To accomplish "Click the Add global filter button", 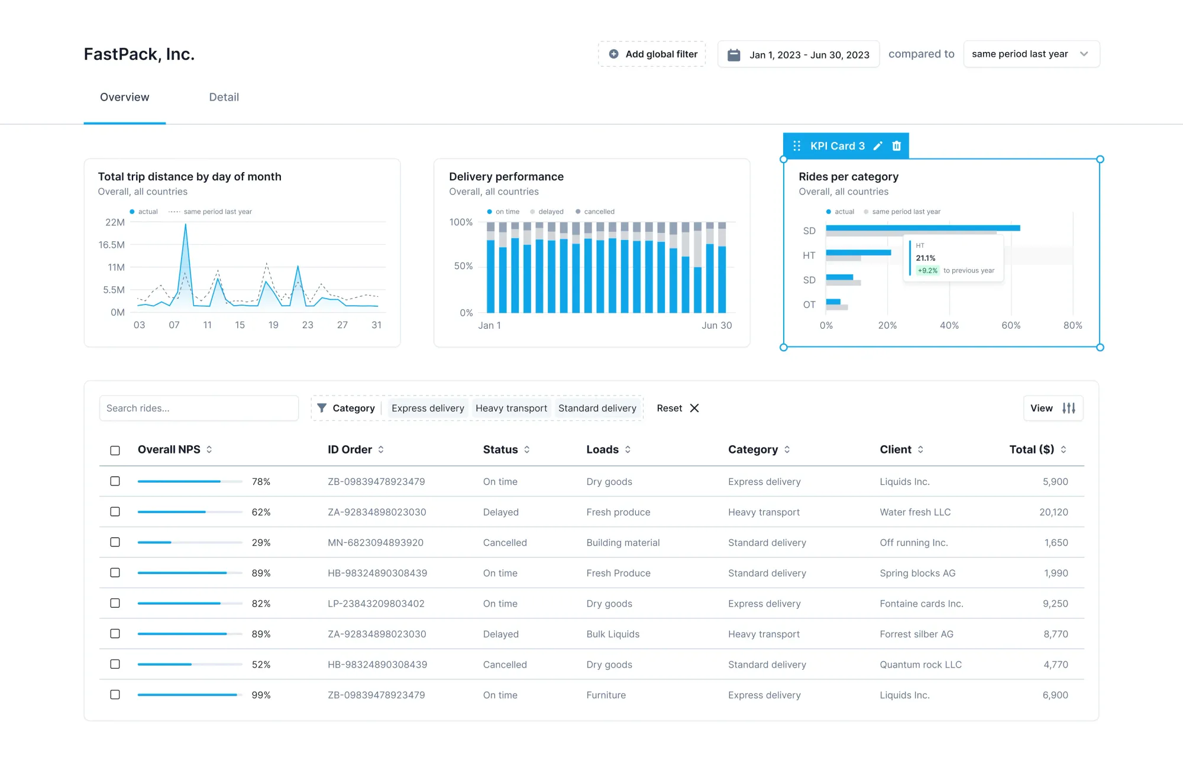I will tap(652, 54).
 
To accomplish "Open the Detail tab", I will tap(224, 97).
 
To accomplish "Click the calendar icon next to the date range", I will tap(733, 54).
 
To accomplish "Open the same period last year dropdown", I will tap(1031, 54).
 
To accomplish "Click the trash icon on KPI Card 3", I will tap(896, 146).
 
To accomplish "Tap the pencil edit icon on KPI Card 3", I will tap(878, 146).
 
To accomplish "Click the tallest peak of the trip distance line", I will tap(185, 225).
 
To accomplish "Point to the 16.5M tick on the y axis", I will tap(112, 245).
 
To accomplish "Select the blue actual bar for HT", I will tap(858, 252).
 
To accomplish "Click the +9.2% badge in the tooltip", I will tap(927, 271).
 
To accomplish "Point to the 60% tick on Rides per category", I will tap(1010, 325).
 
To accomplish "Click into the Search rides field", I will tap(199, 408).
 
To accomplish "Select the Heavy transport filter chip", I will tap(511, 408).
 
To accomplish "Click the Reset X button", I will tap(678, 408).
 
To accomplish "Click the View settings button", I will tap(1053, 408).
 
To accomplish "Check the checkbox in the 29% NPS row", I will tap(115, 542).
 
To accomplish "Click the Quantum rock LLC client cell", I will tap(920, 665).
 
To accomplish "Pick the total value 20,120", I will tap(1053, 512).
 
